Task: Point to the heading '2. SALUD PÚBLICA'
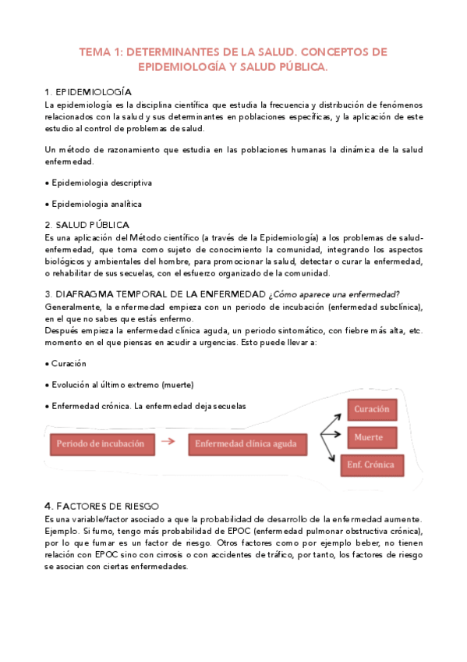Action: [87, 225]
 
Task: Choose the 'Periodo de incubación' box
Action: [100, 443]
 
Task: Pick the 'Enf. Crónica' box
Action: [371, 465]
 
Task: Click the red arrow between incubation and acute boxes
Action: [168, 442]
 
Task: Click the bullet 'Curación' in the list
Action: [68, 364]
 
